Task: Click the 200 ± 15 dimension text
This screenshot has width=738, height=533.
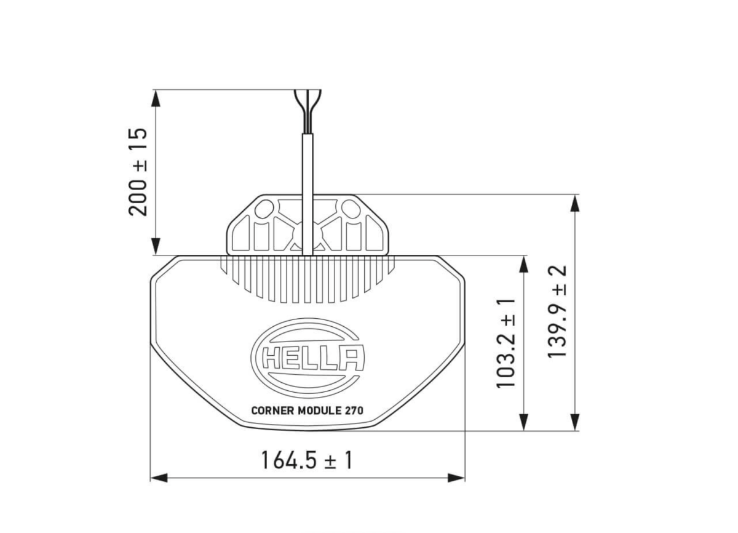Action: [x=138, y=172]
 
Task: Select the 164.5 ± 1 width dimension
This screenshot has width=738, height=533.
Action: [x=306, y=460]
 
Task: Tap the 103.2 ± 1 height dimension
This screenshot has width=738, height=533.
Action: [x=506, y=343]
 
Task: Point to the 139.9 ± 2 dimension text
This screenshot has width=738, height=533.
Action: [x=558, y=313]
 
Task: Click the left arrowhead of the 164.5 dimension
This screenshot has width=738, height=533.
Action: [x=159, y=478]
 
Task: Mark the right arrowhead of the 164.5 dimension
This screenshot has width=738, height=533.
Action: [x=456, y=478]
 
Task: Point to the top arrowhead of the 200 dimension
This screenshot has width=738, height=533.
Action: [x=156, y=98]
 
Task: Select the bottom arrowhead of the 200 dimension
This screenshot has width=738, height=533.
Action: [x=156, y=246]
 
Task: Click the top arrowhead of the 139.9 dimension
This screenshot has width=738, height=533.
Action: [x=574, y=204]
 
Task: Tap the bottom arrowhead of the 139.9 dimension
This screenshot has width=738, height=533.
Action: [x=574, y=422]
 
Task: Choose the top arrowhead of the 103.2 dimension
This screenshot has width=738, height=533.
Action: [x=523, y=264]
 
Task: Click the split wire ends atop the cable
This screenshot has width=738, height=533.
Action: [x=307, y=102]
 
